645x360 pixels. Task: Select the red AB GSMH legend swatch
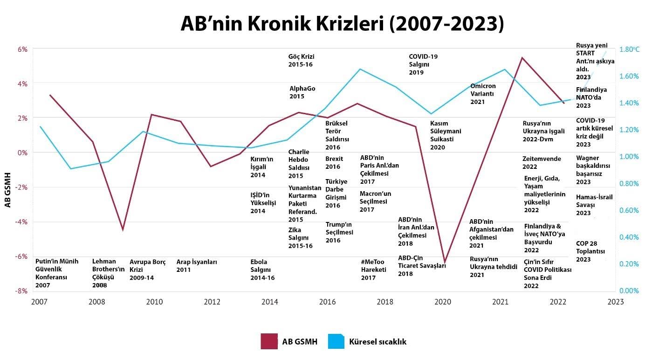coord(269,341)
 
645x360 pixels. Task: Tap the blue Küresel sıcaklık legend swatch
coord(336,341)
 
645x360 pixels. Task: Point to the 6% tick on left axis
coord(23,49)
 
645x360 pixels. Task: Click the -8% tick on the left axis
coord(22,291)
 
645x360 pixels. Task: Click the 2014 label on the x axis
coord(270,302)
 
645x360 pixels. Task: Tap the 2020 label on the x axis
coord(443,302)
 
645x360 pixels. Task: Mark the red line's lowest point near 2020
coord(445,263)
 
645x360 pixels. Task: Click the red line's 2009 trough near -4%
coord(123,229)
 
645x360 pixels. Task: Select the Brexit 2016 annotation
coord(334,163)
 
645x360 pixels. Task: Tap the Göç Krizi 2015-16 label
coord(302,61)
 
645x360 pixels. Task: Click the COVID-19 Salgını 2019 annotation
coord(423,64)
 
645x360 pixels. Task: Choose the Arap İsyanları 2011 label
coord(196,266)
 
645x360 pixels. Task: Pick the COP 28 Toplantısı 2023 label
coord(590,251)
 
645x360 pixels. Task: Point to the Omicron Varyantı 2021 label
coord(483,94)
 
